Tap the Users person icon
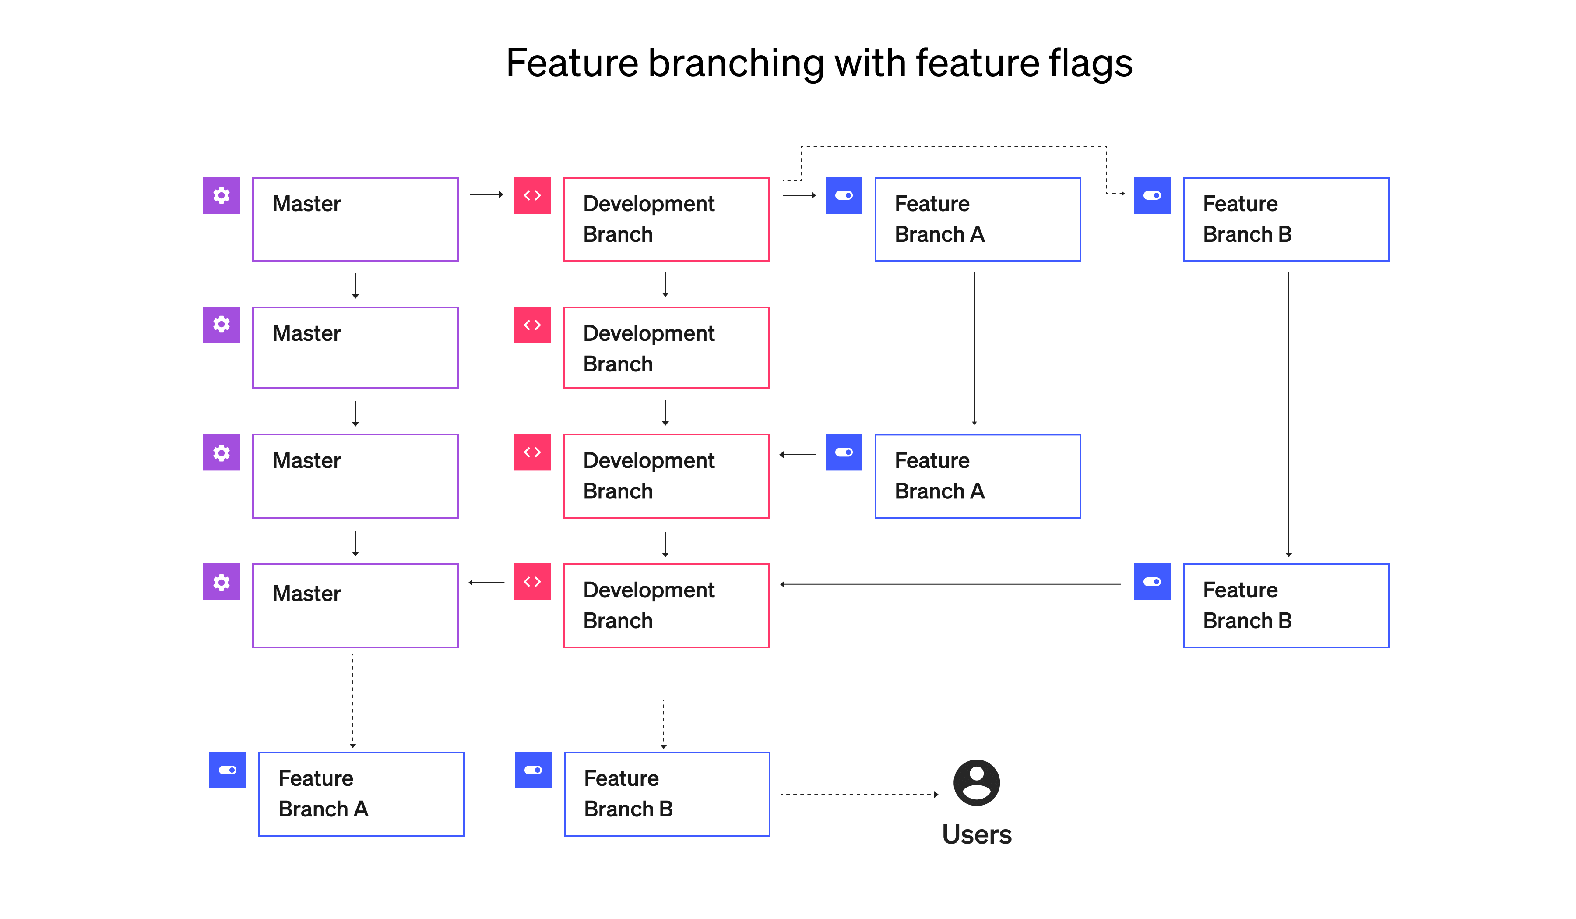976,783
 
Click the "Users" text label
976,834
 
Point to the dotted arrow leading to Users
860,795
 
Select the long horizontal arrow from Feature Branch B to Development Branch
950,584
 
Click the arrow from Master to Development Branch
486,194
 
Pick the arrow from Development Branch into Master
486,583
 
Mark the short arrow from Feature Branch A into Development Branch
798,455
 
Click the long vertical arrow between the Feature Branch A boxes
974,348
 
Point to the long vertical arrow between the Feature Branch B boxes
1288,414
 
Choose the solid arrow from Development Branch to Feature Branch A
799,195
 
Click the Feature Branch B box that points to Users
667,794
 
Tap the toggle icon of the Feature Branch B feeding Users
533,770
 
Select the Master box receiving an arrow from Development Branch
355,605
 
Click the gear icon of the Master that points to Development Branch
222,195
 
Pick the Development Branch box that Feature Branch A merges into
666,476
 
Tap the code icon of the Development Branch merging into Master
532,582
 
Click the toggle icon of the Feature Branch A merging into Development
844,452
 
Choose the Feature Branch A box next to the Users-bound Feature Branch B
362,794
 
